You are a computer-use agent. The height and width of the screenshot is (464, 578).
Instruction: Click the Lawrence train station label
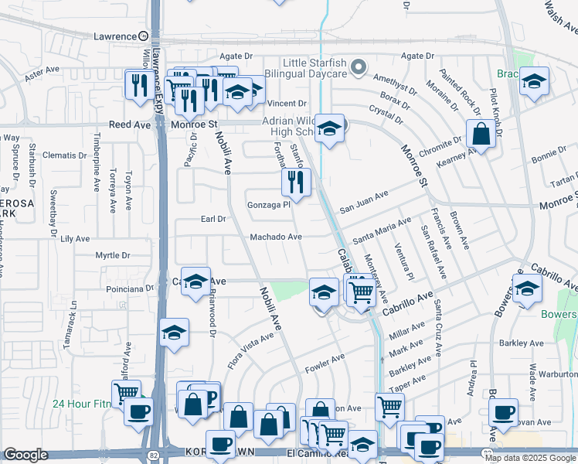[x=114, y=36]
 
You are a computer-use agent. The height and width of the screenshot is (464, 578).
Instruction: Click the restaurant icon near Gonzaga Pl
[x=296, y=183]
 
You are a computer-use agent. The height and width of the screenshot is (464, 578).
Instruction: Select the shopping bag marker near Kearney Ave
[x=481, y=134]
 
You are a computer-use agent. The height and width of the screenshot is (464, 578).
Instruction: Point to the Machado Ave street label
[x=275, y=237]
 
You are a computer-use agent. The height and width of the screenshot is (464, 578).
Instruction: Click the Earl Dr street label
[x=212, y=219]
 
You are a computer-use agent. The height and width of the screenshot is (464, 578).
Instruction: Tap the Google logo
[x=25, y=455]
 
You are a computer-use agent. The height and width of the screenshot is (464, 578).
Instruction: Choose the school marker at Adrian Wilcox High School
[x=329, y=129]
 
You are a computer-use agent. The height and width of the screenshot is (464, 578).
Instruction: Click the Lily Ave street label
[x=76, y=240]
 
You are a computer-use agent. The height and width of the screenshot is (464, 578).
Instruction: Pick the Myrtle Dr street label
[x=113, y=255]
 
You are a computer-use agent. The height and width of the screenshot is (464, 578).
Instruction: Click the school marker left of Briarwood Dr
[x=175, y=333]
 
